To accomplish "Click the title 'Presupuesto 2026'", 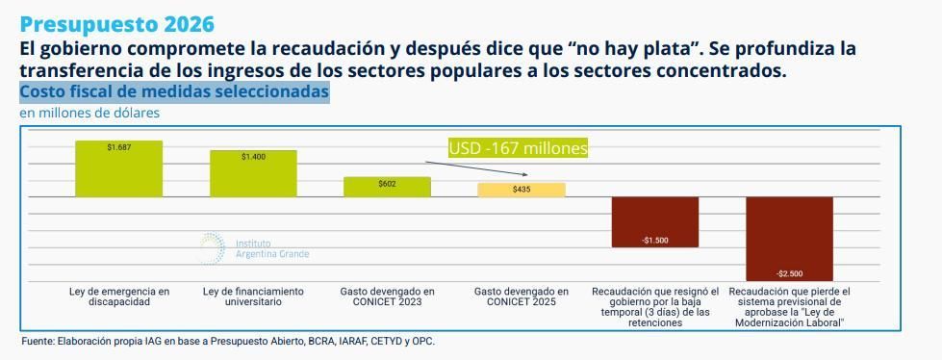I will pos(116,24).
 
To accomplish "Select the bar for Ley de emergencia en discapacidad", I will pos(119,169).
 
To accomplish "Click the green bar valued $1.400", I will pos(254,174).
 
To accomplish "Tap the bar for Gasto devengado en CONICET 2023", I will pos(387,187).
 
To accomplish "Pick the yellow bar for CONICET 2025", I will pos(522,190).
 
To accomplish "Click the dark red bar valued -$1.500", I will pos(655,222).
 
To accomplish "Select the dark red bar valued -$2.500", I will pos(789,239).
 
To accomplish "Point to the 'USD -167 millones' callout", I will pos(518,148).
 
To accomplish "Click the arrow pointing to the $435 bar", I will pos(482,169).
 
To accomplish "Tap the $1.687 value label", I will pos(119,147).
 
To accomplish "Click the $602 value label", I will pos(387,183).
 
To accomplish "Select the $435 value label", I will pos(522,190).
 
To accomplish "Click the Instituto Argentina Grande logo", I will pos(254,248).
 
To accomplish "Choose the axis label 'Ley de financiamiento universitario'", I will pos(254,296).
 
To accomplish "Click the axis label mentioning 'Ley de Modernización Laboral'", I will pos(789,307).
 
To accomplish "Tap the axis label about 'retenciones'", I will pos(655,307).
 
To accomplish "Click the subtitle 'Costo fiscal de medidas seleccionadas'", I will pos(174,92).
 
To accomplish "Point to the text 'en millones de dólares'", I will pos(89,113).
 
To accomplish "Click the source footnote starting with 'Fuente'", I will pos(228,341).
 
